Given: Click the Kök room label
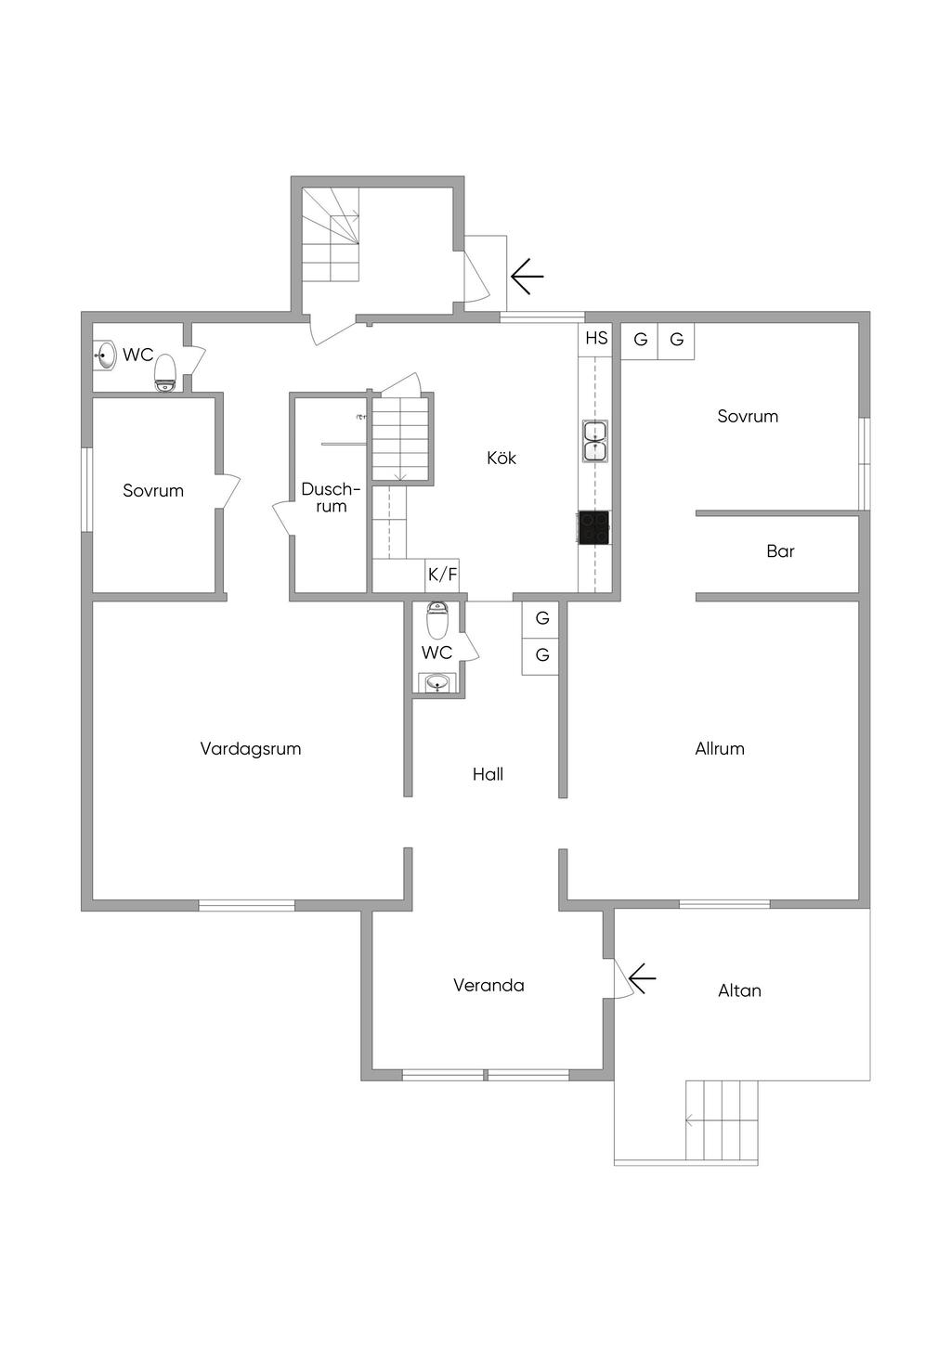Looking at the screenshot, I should (x=502, y=458).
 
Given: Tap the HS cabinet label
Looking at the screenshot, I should (x=596, y=338).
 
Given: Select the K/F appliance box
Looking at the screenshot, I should (x=443, y=575).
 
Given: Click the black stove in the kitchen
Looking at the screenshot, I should (x=594, y=527).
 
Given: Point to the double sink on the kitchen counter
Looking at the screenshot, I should (x=594, y=441).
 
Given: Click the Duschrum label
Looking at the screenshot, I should (x=331, y=498).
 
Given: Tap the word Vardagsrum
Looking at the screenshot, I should (x=251, y=749).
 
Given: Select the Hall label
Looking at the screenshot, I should (x=488, y=774).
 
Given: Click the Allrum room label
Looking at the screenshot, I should (x=720, y=749).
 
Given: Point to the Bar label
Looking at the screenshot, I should (x=780, y=551).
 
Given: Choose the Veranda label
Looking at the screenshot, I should (x=489, y=986).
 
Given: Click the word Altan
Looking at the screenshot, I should (x=739, y=991).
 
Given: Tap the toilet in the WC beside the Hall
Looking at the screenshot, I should (x=437, y=619).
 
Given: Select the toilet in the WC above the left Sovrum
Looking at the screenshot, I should (x=165, y=372).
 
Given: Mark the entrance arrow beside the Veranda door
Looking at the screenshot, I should (x=642, y=977).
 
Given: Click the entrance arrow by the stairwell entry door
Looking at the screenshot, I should (x=527, y=276).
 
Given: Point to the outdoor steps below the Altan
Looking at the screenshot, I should (x=723, y=1120).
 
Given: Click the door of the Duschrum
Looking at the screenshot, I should (x=282, y=517).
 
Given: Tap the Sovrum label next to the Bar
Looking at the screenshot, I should (x=748, y=417).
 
